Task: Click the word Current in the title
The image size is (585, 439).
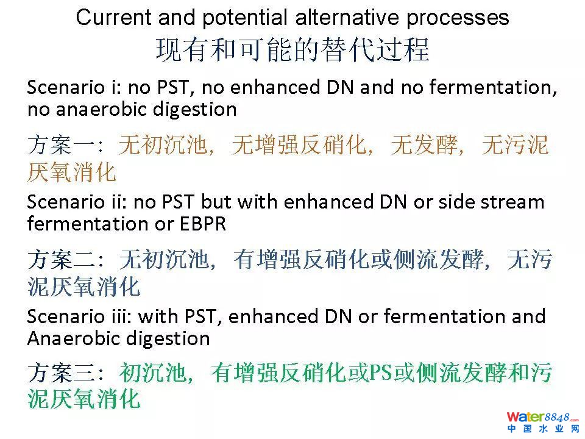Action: tap(113, 17)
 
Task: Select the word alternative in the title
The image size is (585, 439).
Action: tap(347, 17)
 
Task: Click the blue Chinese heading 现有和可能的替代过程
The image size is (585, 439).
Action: tap(292, 49)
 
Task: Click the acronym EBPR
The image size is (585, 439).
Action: tap(203, 224)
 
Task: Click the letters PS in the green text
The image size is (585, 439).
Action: tap(380, 373)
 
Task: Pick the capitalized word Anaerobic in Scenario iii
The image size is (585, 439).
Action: tap(74, 338)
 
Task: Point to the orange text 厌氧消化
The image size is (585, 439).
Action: tap(72, 172)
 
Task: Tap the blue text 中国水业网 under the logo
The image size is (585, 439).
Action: tap(543, 429)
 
